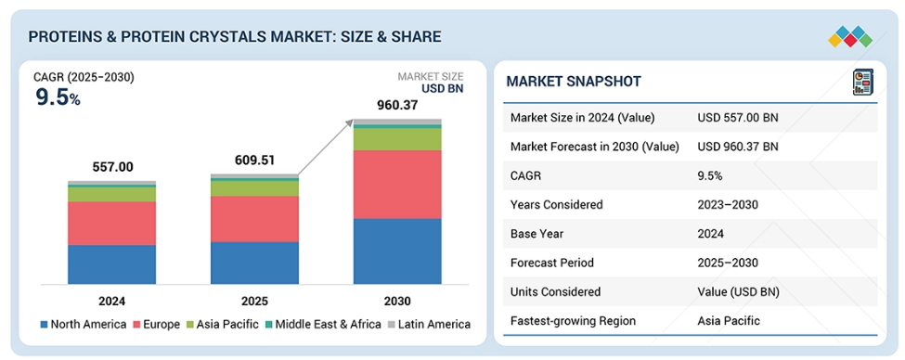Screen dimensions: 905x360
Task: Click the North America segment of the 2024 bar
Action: click(x=112, y=264)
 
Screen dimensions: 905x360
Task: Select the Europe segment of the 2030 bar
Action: click(x=397, y=184)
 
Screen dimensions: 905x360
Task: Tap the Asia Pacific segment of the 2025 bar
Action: click(x=254, y=188)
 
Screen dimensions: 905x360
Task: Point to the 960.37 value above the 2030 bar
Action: click(x=397, y=105)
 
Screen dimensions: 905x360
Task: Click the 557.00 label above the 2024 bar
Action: click(x=112, y=167)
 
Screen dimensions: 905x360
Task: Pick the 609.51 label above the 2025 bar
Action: click(x=255, y=161)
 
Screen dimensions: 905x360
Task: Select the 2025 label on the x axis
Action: click(x=255, y=302)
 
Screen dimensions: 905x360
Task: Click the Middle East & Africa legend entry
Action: click(x=323, y=324)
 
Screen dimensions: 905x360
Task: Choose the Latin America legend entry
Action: click(x=429, y=324)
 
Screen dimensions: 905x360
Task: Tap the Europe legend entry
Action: click(x=157, y=324)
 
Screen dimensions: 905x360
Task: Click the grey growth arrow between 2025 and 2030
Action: click(x=325, y=148)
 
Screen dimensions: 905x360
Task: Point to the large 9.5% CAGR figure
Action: click(x=58, y=97)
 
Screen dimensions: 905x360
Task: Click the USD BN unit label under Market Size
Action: click(x=442, y=88)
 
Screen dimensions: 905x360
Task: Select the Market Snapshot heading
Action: click(x=574, y=82)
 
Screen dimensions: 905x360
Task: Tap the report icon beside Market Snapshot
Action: click(x=863, y=82)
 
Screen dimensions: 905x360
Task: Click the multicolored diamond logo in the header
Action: click(x=850, y=36)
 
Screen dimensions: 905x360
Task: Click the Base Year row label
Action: click(x=537, y=234)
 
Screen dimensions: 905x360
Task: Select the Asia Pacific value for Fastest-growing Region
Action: click(x=729, y=321)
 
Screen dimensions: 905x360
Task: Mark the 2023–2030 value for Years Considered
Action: click(x=727, y=204)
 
